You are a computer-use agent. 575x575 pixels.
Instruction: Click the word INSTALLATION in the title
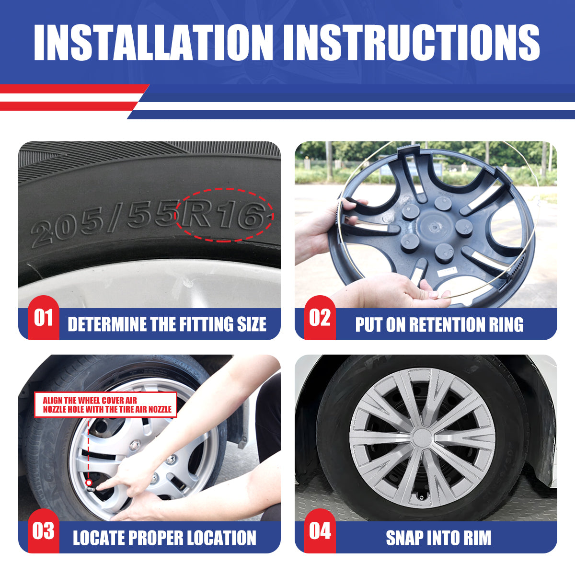[153, 42]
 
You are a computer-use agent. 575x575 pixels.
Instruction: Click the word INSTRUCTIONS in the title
[412, 42]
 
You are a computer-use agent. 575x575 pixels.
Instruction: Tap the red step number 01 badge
[44, 318]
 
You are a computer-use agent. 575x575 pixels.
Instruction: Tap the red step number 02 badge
[320, 318]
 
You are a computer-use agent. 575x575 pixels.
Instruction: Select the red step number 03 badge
[44, 531]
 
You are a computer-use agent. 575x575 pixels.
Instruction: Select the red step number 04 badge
[320, 531]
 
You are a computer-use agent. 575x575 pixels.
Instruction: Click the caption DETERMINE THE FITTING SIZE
[167, 324]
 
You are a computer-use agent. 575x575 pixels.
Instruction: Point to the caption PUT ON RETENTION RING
[439, 324]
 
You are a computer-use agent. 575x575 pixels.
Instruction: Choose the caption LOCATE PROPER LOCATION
[164, 538]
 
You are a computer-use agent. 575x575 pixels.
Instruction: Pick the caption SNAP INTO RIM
[438, 538]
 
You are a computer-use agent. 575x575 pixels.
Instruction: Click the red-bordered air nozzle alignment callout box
[105, 404]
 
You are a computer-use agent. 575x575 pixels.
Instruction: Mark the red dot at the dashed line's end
[89, 483]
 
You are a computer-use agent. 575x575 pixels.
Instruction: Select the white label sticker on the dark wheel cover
[447, 272]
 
